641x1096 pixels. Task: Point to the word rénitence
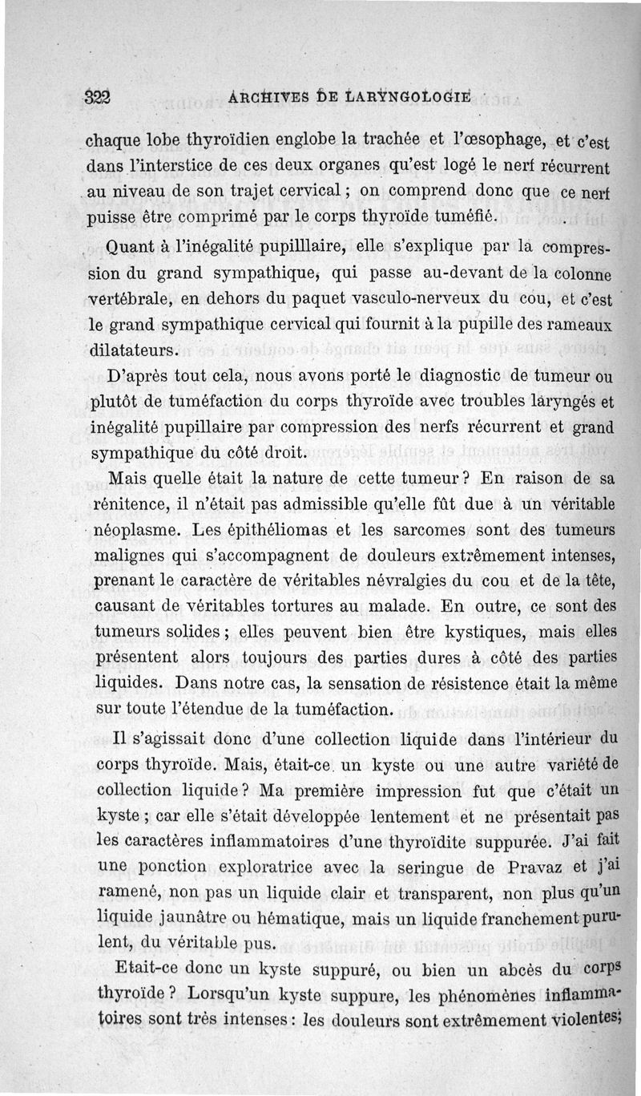[134, 505]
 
